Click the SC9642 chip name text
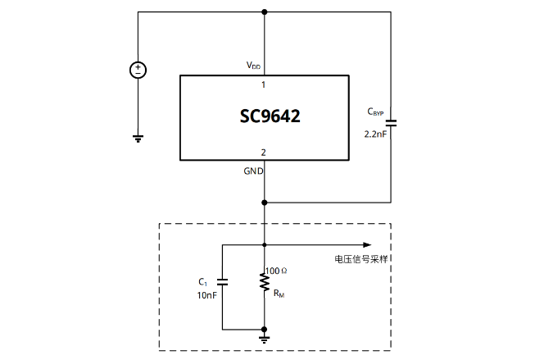pyautogui.click(x=264, y=116)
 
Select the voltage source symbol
pyautogui.click(x=138, y=71)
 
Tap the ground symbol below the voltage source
pyautogui.click(x=138, y=139)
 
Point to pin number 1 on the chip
pyautogui.click(x=263, y=84)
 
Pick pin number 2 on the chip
pyautogui.click(x=263, y=152)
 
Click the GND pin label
pyautogui.click(x=253, y=171)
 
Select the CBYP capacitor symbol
pyautogui.click(x=391, y=122)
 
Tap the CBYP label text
pyautogui.click(x=375, y=112)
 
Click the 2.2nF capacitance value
pyautogui.click(x=374, y=133)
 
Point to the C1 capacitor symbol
pyautogui.click(x=223, y=281)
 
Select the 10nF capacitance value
pyautogui.click(x=204, y=294)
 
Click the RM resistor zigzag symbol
pyautogui.click(x=264, y=282)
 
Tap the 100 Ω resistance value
pyautogui.click(x=277, y=270)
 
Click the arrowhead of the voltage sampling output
pyautogui.click(x=366, y=244)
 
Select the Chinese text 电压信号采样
pyautogui.click(x=361, y=258)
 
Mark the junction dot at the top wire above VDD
pyautogui.click(x=264, y=12)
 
